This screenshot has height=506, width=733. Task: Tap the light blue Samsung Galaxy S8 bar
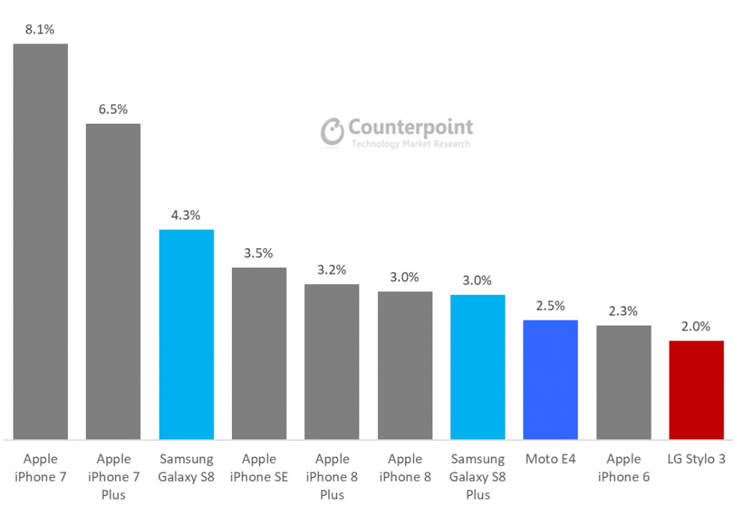186,334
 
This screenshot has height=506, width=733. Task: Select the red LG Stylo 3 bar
696,390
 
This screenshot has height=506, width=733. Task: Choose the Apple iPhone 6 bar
623,382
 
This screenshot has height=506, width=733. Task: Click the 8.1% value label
40,30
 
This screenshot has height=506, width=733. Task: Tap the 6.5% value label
113,110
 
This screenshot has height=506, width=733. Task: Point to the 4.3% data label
186,215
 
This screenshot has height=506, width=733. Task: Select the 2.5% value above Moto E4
550,306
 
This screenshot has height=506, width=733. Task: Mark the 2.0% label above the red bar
696,326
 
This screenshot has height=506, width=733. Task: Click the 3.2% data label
331,270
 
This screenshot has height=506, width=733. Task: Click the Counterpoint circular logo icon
332,132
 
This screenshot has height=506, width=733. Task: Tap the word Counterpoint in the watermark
410,127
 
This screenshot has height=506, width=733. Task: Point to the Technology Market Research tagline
410,145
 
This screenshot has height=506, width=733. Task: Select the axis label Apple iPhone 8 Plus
332,477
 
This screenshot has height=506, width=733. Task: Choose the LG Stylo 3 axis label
696,459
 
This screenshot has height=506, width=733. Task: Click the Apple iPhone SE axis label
259,467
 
